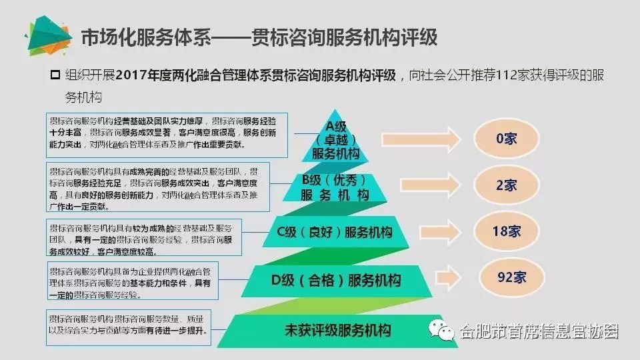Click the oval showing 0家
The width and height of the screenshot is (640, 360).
tap(506, 139)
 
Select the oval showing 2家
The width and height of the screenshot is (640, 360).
tap(506, 185)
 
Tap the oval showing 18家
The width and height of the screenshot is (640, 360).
tap(506, 231)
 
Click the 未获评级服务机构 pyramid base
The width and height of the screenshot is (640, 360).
tap(337, 330)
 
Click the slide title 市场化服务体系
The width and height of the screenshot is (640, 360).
tap(143, 37)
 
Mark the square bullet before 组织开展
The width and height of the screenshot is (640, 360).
tap(56, 75)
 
